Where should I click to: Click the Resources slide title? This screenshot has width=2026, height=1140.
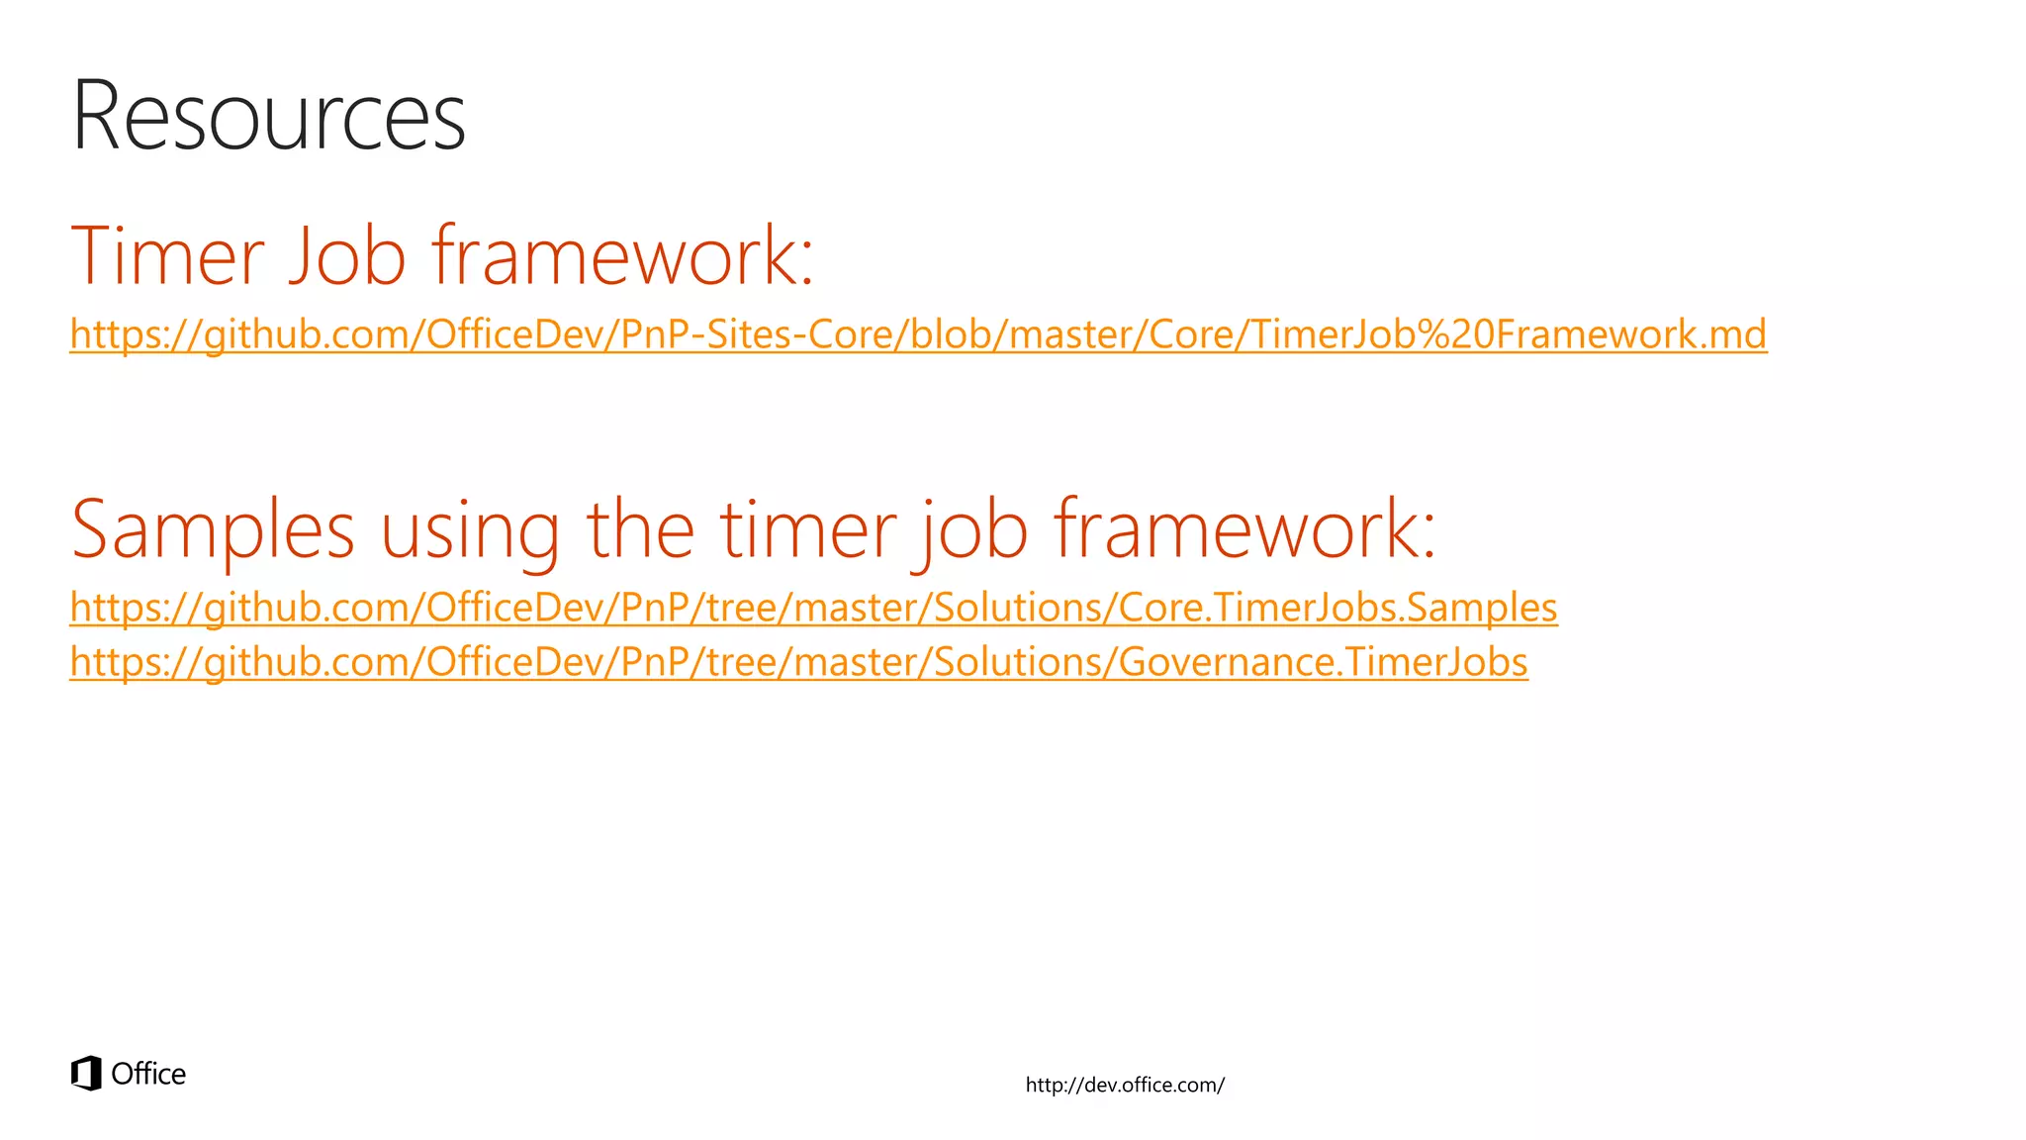[x=268, y=117]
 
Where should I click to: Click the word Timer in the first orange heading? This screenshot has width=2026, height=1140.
[x=168, y=256]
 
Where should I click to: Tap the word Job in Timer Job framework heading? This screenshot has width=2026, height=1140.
[x=347, y=256]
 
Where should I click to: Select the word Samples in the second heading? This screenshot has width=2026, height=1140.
[x=213, y=530]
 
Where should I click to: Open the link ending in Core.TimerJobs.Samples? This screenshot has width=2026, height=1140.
[x=813, y=608]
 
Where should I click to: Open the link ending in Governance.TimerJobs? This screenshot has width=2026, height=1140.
[x=798, y=662]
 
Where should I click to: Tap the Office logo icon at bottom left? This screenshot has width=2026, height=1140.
[x=86, y=1074]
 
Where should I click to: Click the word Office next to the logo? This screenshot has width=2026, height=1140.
[x=148, y=1075]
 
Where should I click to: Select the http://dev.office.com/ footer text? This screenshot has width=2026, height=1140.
[x=1125, y=1086]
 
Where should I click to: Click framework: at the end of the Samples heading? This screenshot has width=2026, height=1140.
[x=1244, y=530]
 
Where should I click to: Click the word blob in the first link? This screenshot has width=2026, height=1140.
[x=945, y=334]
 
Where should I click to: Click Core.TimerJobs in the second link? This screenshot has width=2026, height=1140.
[x=1256, y=608]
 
